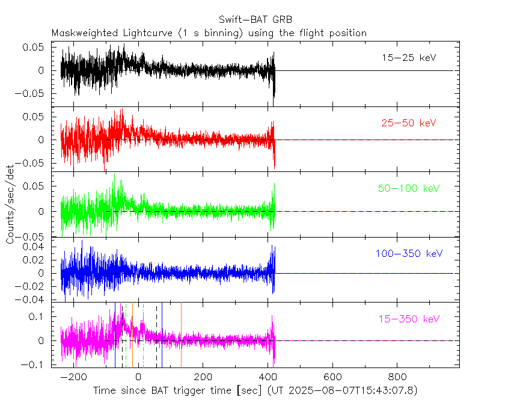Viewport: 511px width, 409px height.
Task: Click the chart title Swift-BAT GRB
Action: [255, 19]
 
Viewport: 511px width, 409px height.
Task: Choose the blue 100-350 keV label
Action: [406, 254]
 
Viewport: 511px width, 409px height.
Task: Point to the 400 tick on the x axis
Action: [268, 377]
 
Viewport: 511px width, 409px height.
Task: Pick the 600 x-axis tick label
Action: [332, 377]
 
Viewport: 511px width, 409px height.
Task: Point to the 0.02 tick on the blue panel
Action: [35, 260]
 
